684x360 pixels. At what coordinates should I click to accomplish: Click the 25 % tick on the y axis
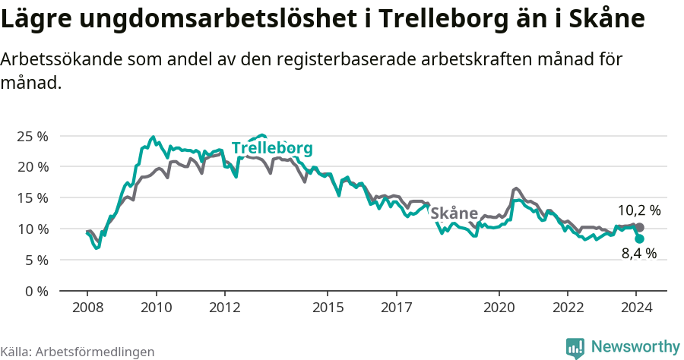click(32, 136)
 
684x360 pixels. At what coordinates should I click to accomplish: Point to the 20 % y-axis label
click(32, 166)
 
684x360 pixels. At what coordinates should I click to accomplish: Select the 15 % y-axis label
click(32, 197)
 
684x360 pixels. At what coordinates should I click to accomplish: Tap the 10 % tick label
click(32, 229)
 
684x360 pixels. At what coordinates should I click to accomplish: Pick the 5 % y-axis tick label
click(36, 260)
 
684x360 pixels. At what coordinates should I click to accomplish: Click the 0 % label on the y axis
click(36, 291)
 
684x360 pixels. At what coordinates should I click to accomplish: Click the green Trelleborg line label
click(272, 148)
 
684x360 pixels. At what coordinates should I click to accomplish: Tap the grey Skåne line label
click(454, 213)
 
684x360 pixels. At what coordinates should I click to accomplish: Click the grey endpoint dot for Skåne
click(639, 227)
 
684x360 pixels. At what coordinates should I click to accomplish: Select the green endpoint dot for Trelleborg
click(639, 238)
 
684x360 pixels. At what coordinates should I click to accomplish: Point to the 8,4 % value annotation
click(638, 254)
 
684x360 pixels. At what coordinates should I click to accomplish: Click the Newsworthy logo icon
click(575, 348)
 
